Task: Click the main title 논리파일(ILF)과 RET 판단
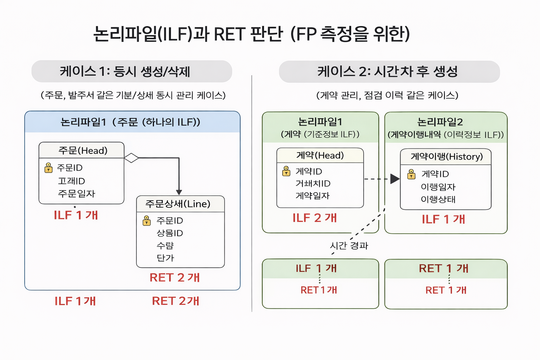point(251,34)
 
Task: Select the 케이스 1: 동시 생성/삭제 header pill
point(131,71)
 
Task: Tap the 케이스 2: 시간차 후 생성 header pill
point(389,71)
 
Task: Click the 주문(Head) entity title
point(83,150)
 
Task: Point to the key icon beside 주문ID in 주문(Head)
point(49,168)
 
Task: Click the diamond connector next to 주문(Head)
point(131,158)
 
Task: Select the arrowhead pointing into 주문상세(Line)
point(179,192)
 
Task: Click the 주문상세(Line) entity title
point(178,204)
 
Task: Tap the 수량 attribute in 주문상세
point(165,245)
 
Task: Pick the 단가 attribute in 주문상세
point(165,258)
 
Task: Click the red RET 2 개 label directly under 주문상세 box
point(175,277)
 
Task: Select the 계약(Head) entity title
point(320,155)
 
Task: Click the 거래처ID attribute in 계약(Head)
point(313,184)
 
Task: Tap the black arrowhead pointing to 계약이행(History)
point(395,179)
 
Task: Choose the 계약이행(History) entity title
point(446,156)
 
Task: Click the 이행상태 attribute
point(438,199)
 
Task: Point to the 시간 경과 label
point(349,245)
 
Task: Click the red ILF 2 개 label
point(315,218)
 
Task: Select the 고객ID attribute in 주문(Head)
point(72,181)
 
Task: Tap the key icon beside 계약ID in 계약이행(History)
point(411,174)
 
